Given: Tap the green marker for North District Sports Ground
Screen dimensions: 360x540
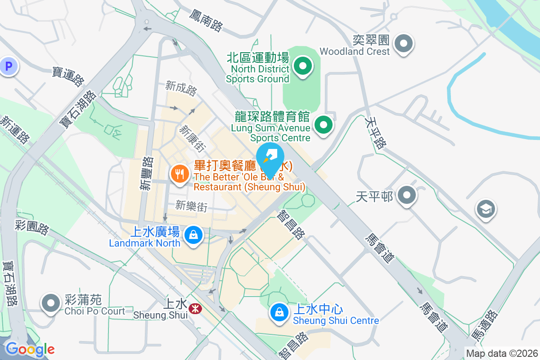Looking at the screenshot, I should coord(303,67).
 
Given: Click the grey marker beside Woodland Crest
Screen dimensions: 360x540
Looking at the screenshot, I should coord(403,44).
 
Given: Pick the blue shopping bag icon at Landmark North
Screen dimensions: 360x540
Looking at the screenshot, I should coord(193,235).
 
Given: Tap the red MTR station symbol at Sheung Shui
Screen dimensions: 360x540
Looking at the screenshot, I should coord(195,309).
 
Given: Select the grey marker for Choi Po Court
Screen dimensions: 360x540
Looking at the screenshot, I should coord(51,303).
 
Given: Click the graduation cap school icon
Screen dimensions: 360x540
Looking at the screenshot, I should coord(486,209).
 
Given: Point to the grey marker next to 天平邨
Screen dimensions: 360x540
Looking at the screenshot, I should coord(408,196).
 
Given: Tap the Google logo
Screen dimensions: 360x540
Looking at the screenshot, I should coord(30,349).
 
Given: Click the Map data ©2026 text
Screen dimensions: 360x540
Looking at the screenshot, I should coord(502,354).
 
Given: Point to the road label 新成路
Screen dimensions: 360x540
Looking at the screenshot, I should coord(181,88).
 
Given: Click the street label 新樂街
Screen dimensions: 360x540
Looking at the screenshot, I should coord(191,206).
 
